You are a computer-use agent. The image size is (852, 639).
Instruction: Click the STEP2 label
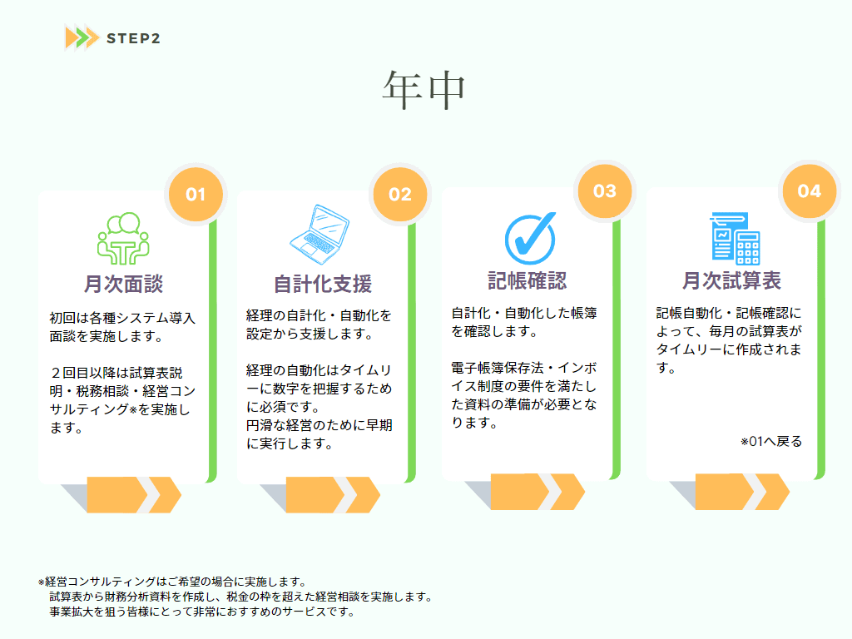click(133, 38)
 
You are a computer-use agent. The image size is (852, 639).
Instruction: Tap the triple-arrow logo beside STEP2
click(82, 37)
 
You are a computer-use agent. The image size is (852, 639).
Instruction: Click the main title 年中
click(424, 90)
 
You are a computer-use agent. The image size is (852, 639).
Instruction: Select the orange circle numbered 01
click(196, 194)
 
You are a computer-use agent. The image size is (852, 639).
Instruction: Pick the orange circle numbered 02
click(400, 194)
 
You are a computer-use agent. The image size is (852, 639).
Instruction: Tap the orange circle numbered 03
click(605, 191)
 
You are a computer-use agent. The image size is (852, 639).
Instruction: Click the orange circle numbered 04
click(809, 191)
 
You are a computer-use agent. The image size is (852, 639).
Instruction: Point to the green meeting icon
click(123, 238)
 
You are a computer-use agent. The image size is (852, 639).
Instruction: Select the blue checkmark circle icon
click(530, 238)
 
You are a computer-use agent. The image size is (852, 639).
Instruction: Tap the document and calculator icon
click(735, 238)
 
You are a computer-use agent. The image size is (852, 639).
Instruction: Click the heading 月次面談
click(123, 284)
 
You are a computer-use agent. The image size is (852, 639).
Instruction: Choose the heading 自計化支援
click(323, 284)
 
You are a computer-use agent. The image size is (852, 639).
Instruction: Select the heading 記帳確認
click(527, 280)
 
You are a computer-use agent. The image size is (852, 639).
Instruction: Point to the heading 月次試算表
click(731, 280)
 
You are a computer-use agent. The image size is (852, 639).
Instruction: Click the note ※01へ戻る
click(771, 441)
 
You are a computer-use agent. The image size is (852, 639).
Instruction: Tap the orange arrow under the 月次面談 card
click(134, 494)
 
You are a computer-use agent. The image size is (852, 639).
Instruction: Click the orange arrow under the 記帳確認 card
click(537, 491)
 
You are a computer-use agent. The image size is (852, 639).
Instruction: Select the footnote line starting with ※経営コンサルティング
click(173, 582)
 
